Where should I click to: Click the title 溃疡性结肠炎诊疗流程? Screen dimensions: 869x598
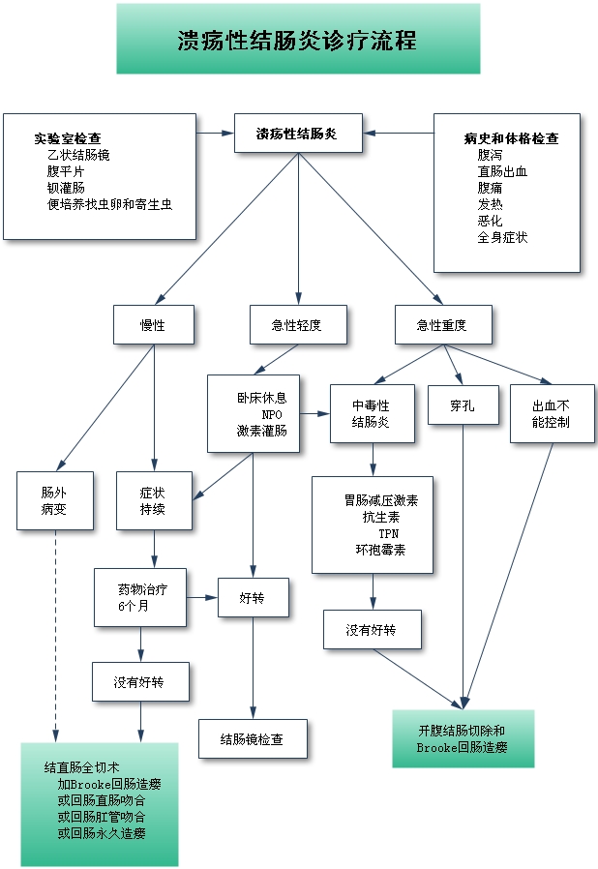pos(298,40)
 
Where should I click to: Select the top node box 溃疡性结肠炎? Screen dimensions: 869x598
pos(298,134)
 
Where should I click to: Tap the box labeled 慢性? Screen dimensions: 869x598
pos(153,325)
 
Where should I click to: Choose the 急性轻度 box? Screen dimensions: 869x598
pos(297,325)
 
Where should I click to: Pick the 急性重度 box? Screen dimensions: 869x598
pos(443,325)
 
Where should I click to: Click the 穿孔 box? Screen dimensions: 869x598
pos(463,405)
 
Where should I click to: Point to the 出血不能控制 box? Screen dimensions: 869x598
pos(552,414)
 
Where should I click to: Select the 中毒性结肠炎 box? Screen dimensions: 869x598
pos(372,413)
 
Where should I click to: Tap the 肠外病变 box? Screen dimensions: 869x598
pos(54,500)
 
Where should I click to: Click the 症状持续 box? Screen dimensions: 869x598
pos(154,500)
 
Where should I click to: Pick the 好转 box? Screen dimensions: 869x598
pos(253,598)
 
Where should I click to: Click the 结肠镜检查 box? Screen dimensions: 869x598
pos(253,739)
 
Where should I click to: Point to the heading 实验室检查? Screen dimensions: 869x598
pos(68,138)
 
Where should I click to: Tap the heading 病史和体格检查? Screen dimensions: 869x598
pos(512,138)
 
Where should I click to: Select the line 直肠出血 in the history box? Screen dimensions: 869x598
pos(502,171)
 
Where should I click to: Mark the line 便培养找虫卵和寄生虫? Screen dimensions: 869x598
pos(109,204)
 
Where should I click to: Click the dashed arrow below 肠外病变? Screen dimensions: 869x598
pos(55,629)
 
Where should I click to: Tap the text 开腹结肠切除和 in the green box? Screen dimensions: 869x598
pos(462,730)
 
